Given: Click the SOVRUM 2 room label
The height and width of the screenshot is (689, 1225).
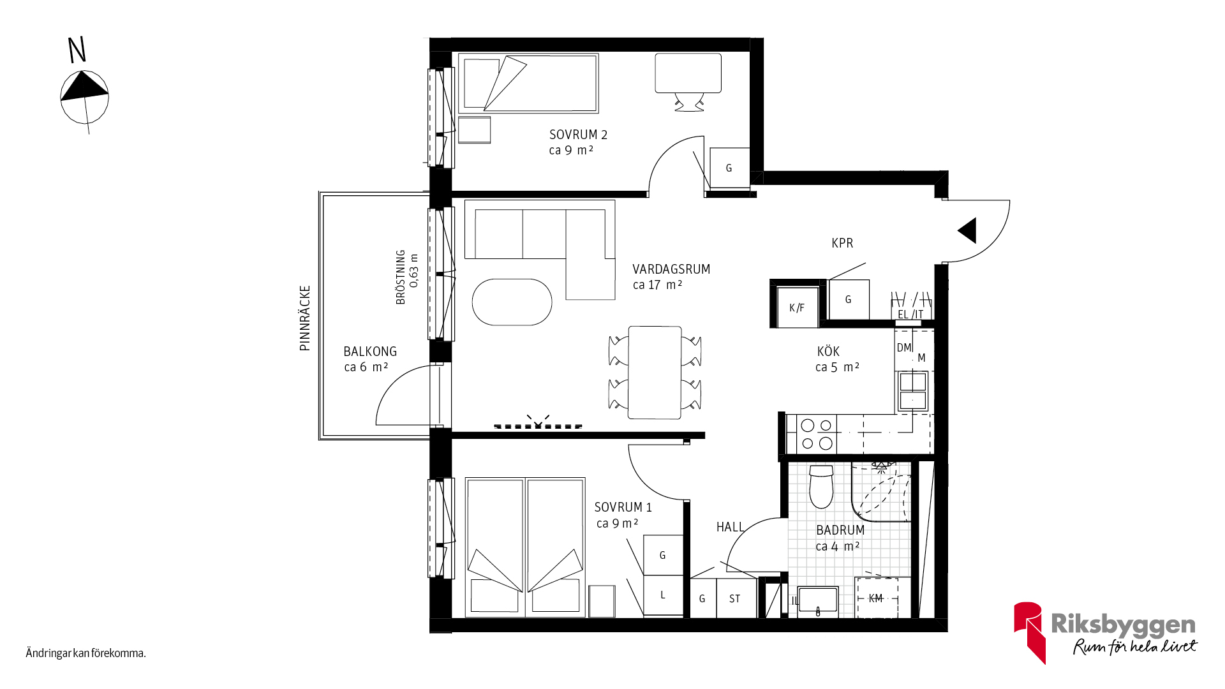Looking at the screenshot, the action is [x=578, y=135].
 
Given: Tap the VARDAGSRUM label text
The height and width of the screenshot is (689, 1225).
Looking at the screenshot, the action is [x=671, y=269].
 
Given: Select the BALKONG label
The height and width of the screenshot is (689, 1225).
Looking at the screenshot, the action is [x=370, y=352].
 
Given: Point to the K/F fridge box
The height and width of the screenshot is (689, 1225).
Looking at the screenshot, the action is [x=798, y=307].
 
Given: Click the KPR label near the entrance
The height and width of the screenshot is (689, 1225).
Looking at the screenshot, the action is [x=842, y=243].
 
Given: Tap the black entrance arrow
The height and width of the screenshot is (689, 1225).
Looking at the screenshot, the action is [x=967, y=230].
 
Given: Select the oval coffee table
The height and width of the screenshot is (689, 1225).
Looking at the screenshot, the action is [x=512, y=302].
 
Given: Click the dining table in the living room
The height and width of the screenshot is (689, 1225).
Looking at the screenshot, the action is [x=655, y=373].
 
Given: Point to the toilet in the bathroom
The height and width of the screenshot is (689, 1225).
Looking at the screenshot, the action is [x=821, y=486].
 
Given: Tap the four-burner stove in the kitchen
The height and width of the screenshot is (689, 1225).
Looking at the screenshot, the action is [x=817, y=434].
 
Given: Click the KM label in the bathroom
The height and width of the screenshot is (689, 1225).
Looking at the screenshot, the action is [x=875, y=598].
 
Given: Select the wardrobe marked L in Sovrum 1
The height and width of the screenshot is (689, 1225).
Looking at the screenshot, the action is [x=663, y=595].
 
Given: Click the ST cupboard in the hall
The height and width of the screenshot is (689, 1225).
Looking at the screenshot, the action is [x=736, y=598].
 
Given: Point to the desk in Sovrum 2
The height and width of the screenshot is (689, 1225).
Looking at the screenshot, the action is [x=688, y=73].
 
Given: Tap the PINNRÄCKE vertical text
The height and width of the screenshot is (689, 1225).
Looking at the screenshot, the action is [x=305, y=318].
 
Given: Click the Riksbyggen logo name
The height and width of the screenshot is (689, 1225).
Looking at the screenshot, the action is [x=1123, y=625].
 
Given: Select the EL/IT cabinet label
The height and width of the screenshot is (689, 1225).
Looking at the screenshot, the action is [x=910, y=315].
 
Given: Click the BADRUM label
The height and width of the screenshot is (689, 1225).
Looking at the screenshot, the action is [x=840, y=530].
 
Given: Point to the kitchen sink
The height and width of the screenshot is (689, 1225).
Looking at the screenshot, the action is [x=912, y=391].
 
